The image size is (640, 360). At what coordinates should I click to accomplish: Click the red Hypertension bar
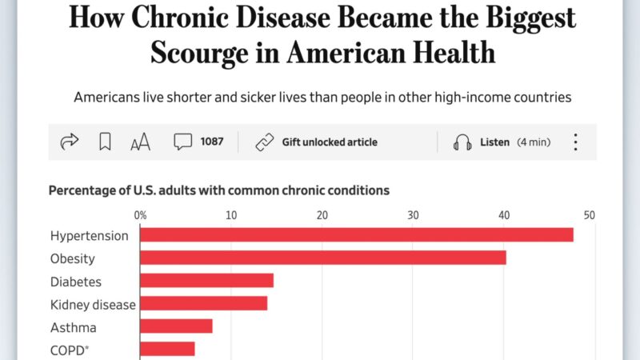(357, 235)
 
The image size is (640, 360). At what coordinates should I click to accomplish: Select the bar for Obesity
(323, 258)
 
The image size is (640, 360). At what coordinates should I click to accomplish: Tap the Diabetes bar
(207, 281)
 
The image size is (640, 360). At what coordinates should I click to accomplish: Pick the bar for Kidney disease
(204, 304)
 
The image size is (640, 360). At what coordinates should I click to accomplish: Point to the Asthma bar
(177, 326)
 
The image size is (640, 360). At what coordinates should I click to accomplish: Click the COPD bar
(168, 349)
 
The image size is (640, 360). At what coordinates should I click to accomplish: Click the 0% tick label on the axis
(140, 215)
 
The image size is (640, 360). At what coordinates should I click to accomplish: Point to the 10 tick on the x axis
(231, 215)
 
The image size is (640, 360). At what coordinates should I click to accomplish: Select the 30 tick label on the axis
(413, 215)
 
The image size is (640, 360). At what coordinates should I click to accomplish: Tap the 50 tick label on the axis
(590, 215)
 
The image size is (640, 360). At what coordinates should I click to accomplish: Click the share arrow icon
(70, 142)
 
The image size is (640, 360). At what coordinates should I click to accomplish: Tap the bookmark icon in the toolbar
(105, 142)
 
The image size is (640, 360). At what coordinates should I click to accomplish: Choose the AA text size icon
(140, 143)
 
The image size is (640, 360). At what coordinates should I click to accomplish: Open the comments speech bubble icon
(183, 142)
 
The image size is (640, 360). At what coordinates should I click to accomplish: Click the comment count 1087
(212, 142)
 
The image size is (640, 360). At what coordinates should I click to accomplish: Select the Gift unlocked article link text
(329, 142)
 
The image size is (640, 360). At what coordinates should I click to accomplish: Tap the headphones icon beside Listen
(462, 142)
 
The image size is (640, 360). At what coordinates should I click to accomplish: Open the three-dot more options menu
(575, 142)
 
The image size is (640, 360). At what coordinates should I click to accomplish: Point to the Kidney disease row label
(93, 304)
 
